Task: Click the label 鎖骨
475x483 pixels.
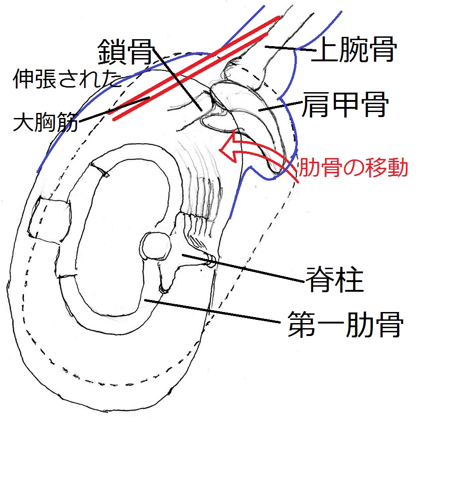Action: tap(125, 53)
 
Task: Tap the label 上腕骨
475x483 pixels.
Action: tap(354, 51)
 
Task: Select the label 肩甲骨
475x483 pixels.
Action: tap(344, 106)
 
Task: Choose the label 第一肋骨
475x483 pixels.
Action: tap(345, 325)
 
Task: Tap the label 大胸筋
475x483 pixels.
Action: tap(45, 123)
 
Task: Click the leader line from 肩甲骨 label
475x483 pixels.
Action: tap(278, 107)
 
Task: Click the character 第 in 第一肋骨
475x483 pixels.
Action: tap(302, 325)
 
